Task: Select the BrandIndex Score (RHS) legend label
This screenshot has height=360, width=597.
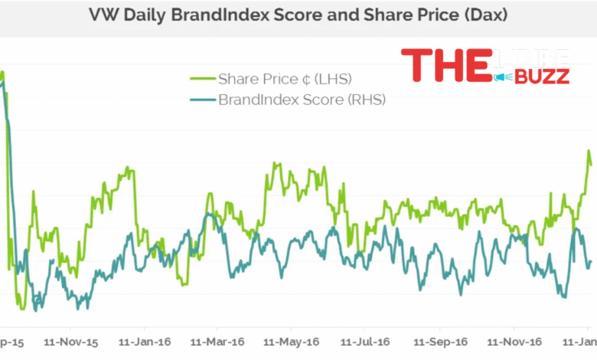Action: [302, 100]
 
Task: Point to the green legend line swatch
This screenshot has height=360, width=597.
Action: [201, 79]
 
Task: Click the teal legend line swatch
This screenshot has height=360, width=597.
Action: [201, 100]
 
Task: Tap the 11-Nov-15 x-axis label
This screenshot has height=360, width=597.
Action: [70, 342]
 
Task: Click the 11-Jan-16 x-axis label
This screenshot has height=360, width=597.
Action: [145, 342]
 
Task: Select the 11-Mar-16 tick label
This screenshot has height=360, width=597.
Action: [217, 342]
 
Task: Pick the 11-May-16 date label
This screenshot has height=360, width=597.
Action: [290, 342]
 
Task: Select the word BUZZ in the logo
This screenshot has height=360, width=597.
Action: [543, 77]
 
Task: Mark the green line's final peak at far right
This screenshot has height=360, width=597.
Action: [589, 152]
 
